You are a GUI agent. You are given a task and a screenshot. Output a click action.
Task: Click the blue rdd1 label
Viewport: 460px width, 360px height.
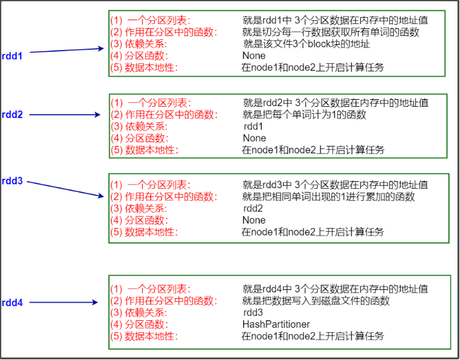click(12, 56)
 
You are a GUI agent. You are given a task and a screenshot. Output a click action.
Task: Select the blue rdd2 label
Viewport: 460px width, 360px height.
click(12, 114)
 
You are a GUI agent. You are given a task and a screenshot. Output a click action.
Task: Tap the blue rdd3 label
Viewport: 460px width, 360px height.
click(12, 181)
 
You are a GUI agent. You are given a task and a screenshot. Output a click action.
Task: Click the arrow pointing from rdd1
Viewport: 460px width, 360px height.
click(66, 51)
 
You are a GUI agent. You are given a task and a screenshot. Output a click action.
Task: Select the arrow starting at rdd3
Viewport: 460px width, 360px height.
click(66, 189)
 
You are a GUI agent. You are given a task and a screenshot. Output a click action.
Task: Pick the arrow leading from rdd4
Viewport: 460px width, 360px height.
click(66, 303)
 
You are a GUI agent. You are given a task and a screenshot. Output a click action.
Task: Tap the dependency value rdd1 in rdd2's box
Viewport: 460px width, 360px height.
click(253, 126)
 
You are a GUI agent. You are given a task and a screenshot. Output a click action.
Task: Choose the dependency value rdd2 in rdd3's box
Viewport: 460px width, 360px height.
click(253, 208)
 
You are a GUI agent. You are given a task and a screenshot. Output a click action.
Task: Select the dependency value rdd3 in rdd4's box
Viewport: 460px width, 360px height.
click(253, 313)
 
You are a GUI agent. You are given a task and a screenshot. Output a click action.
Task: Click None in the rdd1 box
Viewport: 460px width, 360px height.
click(254, 56)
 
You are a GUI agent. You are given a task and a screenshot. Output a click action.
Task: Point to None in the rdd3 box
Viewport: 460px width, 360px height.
click(254, 220)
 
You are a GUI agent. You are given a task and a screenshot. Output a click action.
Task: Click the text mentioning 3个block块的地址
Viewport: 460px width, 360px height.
click(306, 44)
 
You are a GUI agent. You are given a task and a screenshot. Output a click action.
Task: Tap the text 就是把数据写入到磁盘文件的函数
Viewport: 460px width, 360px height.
click(316, 301)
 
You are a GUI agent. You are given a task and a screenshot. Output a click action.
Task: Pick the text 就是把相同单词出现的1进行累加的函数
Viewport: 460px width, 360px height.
click(329, 196)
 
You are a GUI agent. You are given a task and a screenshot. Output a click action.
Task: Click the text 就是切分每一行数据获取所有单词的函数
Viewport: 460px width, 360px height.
click(331, 32)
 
